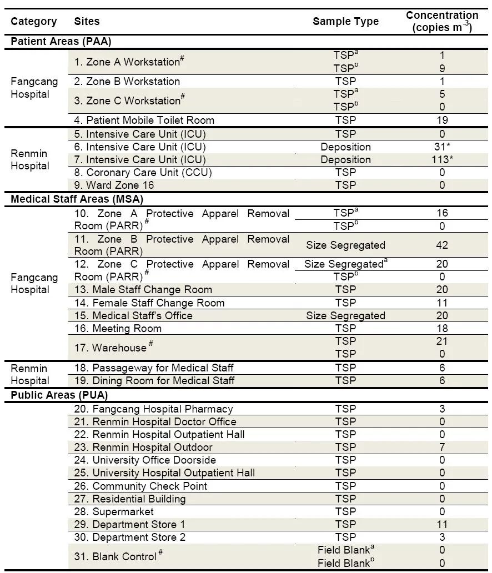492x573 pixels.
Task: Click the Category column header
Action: point(34,22)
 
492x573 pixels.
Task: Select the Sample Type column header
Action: point(345,22)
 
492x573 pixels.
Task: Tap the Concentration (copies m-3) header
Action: point(442,22)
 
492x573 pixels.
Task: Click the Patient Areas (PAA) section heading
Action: point(62,42)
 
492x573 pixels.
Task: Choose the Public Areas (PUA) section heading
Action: point(59,395)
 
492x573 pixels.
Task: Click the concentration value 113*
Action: point(442,160)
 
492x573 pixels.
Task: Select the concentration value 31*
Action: point(442,147)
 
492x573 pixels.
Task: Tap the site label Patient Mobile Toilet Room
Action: point(144,120)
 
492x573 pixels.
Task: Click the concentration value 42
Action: point(442,245)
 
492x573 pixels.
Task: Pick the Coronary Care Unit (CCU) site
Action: point(143,173)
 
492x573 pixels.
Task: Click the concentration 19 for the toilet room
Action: point(442,120)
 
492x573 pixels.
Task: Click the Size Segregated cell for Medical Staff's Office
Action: point(345,316)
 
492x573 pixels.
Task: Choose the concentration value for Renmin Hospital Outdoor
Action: point(442,448)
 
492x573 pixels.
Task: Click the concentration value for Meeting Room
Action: point(442,329)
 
